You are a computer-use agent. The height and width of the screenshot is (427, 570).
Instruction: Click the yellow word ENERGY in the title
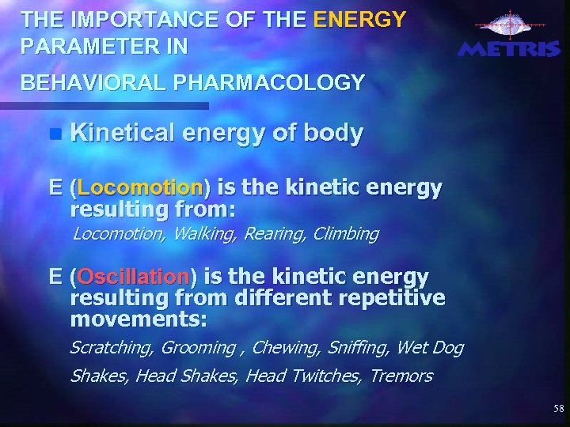(x=359, y=18)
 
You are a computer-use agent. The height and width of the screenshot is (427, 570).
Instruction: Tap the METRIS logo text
(x=508, y=49)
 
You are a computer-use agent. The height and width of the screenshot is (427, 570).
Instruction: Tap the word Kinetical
(x=127, y=133)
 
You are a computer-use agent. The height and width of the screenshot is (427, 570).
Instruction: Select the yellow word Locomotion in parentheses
(x=140, y=188)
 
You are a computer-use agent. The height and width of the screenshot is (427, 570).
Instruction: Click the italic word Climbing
(x=346, y=234)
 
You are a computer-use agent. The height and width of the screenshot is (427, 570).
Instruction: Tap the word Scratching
(x=112, y=348)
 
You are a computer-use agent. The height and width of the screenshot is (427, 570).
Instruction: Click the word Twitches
(x=325, y=376)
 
